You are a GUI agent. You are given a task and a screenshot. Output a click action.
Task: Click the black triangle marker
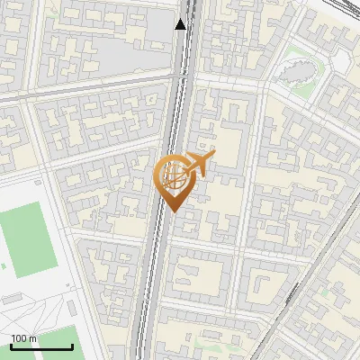(181, 24)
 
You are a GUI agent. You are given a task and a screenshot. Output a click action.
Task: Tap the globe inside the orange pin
(174, 175)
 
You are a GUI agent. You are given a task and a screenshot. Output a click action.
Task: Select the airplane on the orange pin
(199, 162)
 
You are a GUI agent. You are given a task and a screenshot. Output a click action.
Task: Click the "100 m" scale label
(24, 338)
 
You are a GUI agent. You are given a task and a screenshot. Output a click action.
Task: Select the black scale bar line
(41, 346)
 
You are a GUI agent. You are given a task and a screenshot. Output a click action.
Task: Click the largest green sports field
(28, 238)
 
